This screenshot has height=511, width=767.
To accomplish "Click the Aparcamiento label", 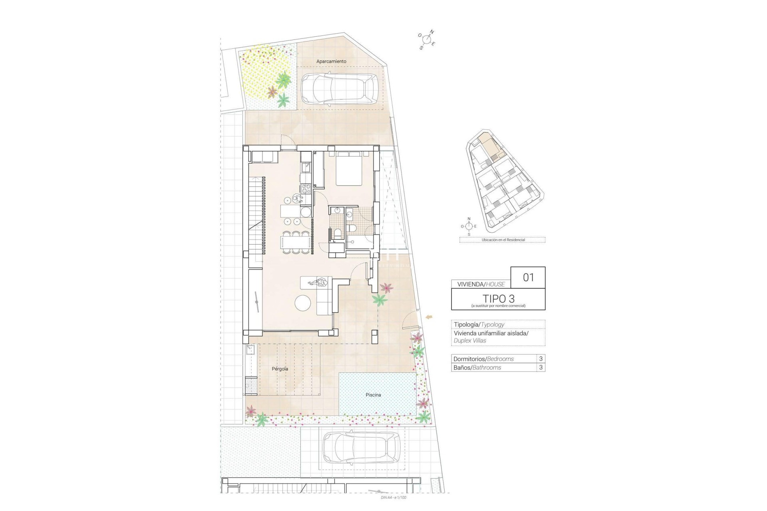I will coord(331,61).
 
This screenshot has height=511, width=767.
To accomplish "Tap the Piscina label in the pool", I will coord(373,395).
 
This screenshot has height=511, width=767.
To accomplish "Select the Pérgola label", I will coord(280,369).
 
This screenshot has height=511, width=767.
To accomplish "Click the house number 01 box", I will coord(528,277).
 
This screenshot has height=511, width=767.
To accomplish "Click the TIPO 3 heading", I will coord(498,298).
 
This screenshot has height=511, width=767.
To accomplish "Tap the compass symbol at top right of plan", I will coord(427,40).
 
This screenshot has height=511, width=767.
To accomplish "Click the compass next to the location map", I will coord(469,226).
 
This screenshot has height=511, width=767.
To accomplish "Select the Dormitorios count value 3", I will coord(541,358).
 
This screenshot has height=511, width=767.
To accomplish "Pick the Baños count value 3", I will coord(541,367).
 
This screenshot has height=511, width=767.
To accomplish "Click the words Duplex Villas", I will coord(470,341).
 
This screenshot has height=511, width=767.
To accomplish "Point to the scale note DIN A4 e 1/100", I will coord(393,497).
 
